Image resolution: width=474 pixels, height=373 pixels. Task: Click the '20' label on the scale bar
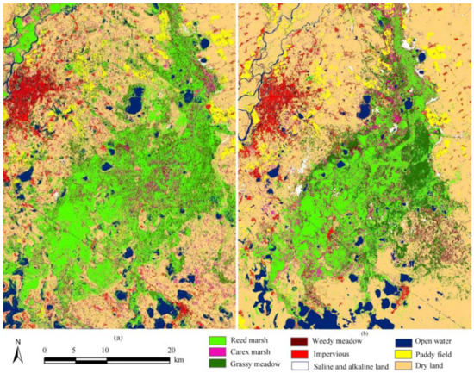coord(172,350)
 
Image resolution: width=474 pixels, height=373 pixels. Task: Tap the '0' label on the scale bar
coord(46,350)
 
